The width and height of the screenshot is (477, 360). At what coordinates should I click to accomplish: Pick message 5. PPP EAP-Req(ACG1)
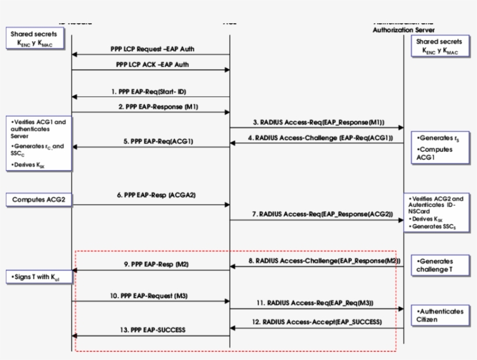[x=151, y=141]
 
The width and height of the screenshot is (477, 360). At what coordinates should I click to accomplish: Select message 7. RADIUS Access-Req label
[x=316, y=214]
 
